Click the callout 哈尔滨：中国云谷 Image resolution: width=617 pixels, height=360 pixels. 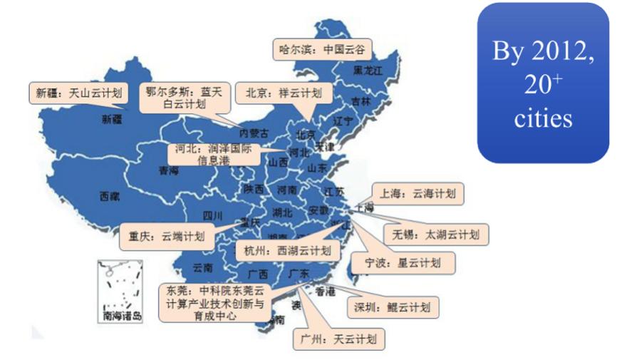click(x=322, y=50)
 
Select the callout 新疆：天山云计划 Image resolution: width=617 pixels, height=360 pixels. click(x=78, y=93)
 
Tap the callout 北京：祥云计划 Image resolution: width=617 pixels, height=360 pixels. click(x=284, y=93)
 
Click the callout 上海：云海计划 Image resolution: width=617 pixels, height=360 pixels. click(x=418, y=192)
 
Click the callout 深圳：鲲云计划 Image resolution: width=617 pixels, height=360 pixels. click(x=393, y=307)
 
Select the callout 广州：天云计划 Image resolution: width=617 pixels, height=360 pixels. click(x=339, y=339)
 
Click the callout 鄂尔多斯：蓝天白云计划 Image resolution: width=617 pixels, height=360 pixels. click(x=185, y=97)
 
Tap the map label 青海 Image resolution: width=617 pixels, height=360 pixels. click(x=169, y=170)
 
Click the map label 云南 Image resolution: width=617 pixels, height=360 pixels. click(x=202, y=268)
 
